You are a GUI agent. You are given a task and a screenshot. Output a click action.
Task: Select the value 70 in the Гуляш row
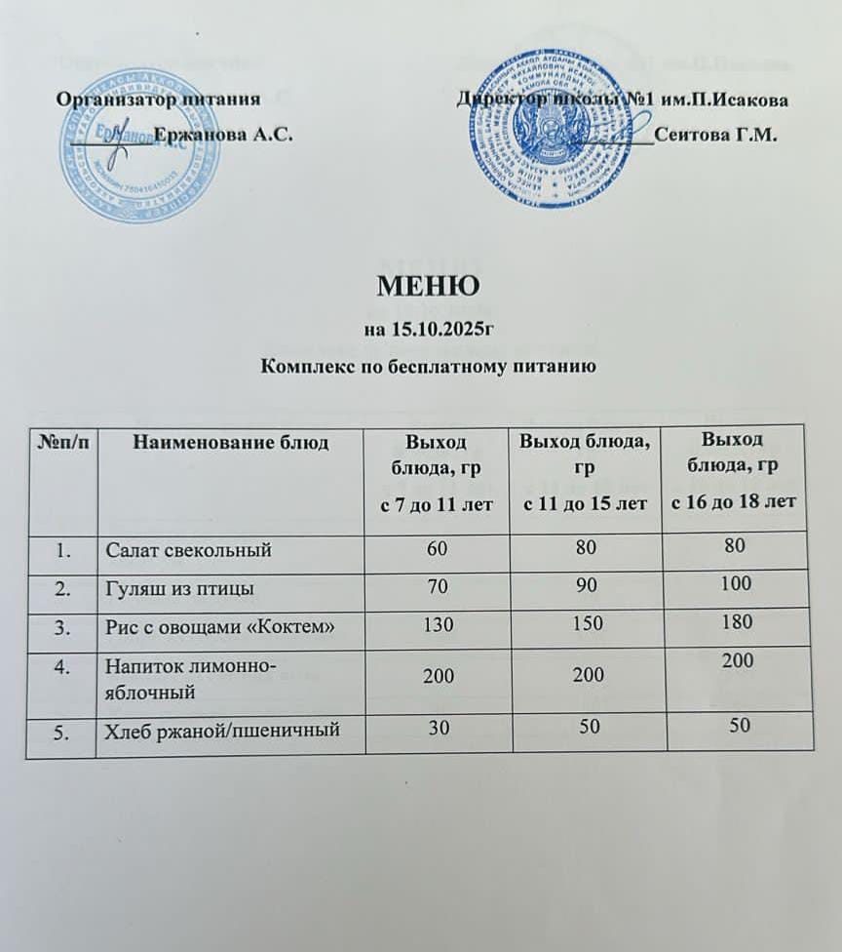pos(436,587)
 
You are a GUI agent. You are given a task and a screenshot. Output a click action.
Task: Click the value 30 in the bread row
pos(436,725)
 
